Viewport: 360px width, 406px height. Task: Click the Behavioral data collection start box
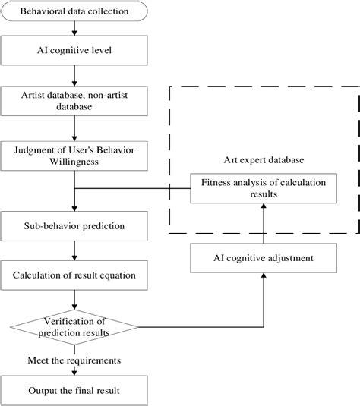coord(73,11)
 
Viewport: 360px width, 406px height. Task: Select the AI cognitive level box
coord(73,52)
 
